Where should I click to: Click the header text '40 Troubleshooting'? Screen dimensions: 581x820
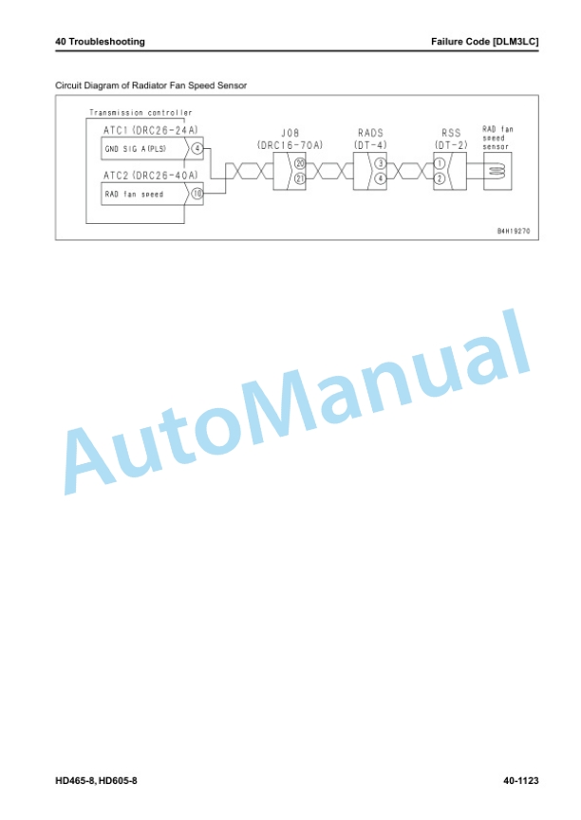coord(100,42)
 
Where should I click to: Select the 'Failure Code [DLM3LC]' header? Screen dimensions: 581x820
coord(484,42)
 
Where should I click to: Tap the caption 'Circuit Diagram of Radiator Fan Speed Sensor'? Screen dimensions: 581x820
coord(151,85)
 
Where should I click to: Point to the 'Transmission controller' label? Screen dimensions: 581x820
coord(141,112)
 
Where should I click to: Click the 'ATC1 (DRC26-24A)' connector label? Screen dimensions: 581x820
coord(151,130)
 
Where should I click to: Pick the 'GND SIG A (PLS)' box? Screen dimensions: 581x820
coord(144,149)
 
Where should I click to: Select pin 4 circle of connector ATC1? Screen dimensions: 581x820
coord(197,148)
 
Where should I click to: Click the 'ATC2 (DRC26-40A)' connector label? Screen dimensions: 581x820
coord(151,176)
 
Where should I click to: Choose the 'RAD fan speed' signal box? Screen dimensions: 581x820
coord(144,194)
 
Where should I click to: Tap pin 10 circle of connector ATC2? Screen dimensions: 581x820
coord(197,194)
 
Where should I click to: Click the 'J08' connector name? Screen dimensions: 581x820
coord(290,134)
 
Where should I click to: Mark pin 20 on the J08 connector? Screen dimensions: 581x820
coord(300,163)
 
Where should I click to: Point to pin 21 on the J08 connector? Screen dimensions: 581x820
coord(300,178)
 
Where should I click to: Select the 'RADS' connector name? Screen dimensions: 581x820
coord(370,134)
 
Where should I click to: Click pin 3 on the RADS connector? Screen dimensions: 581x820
coord(380,163)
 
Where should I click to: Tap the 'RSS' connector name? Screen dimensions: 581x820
coord(451,134)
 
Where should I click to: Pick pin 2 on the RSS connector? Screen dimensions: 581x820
coord(440,178)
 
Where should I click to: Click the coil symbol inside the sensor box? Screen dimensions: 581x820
coord(497,171)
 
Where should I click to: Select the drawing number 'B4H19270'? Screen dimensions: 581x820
coord(514,231)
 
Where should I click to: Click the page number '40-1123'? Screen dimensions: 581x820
coord(521,781)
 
